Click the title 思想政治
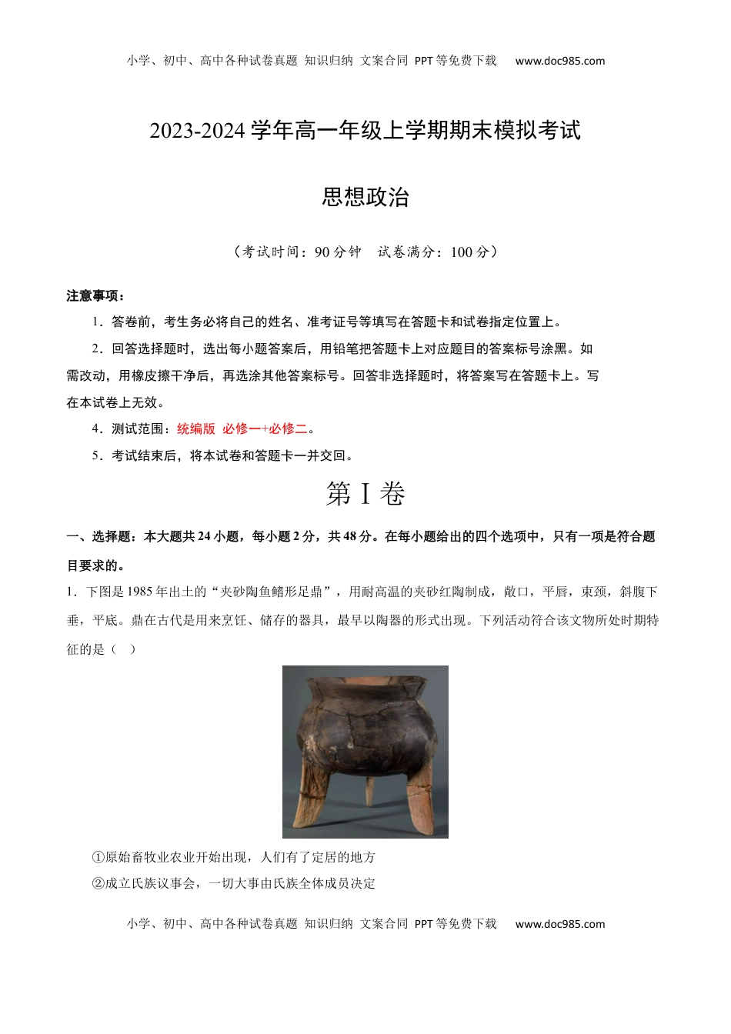[365, 198]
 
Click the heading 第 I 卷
[365, 494]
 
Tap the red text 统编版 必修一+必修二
[242, 429]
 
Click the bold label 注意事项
[95, 296]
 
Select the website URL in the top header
[559, 61]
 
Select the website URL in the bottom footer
[559, 924]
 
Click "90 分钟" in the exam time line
[338, 252]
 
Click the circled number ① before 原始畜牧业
[98, 857]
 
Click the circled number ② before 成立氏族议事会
[98, 883]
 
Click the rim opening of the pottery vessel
[365, 680]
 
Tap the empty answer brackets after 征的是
[122, 649]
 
